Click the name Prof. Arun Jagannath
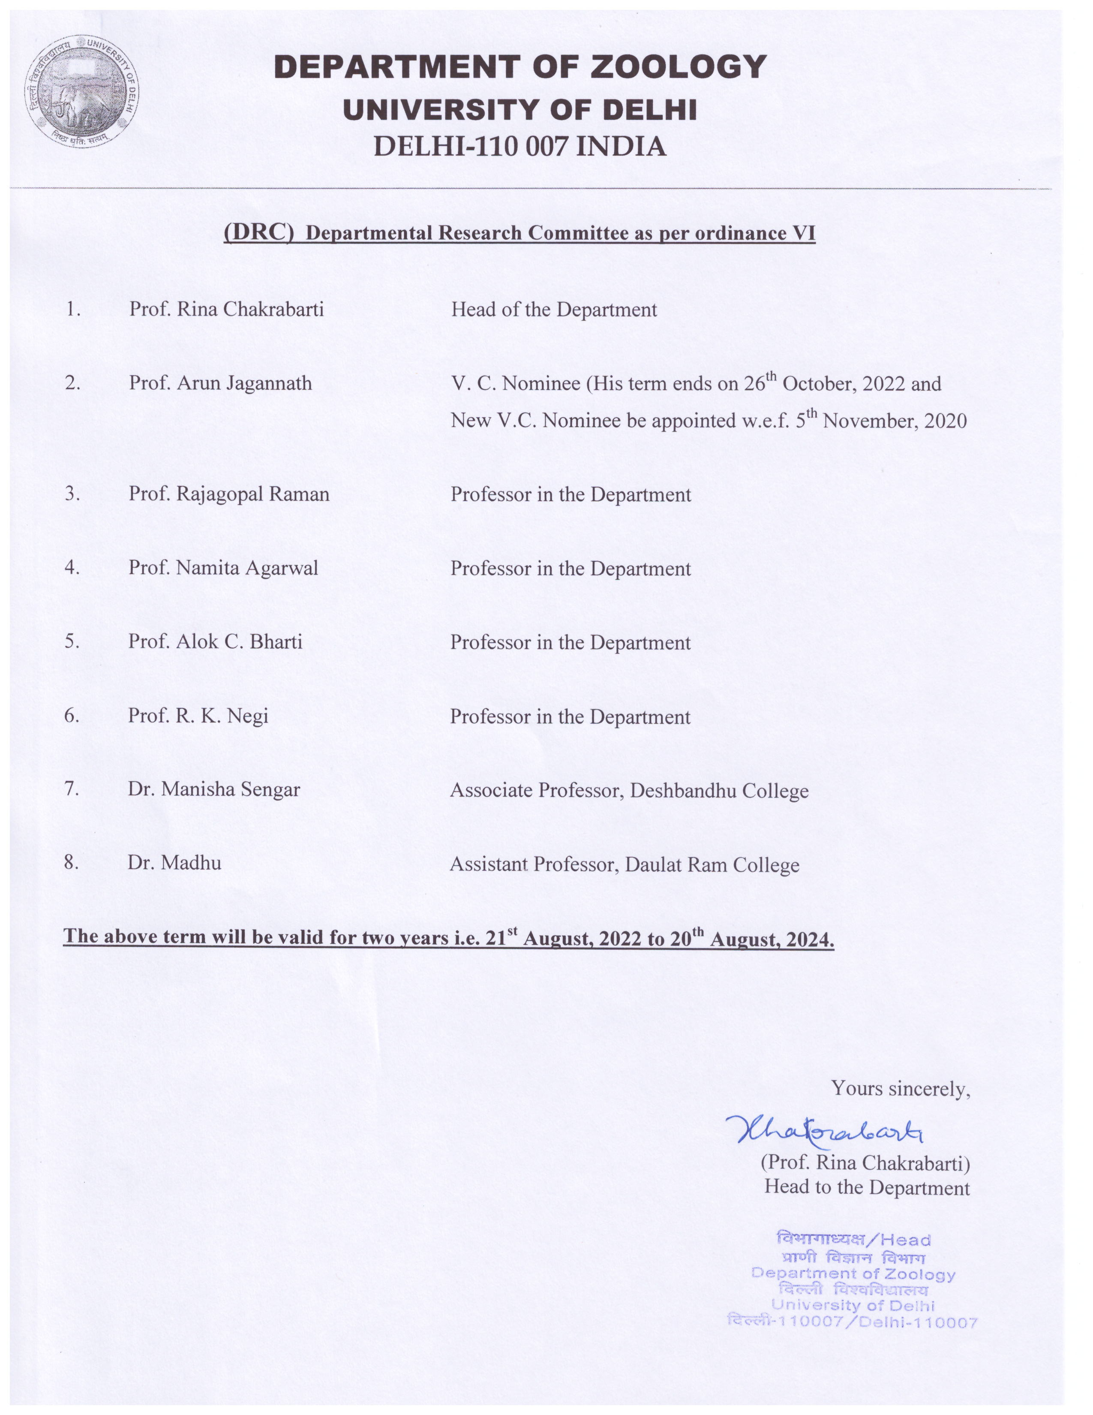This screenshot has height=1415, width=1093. tap(220, 383)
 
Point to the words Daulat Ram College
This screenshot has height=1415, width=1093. tap(712, 865)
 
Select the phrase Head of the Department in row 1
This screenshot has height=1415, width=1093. tap(554, 310)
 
